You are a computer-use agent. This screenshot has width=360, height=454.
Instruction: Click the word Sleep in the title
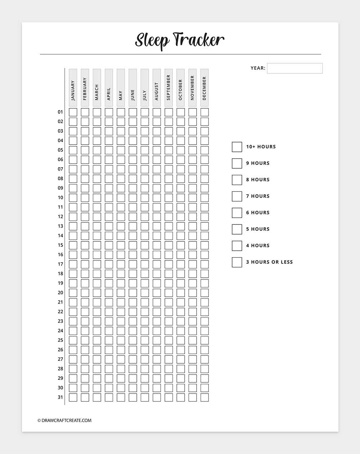151,40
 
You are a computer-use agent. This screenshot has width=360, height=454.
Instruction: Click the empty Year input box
294,68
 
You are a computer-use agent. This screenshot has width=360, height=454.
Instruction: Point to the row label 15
60,245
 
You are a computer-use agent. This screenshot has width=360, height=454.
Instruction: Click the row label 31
60,397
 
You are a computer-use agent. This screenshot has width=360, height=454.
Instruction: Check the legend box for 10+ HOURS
237,147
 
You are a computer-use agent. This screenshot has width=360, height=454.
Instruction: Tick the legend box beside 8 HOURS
237,180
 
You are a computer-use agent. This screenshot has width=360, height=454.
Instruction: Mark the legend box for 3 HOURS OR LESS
237,262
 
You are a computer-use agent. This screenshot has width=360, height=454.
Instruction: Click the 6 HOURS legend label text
258,213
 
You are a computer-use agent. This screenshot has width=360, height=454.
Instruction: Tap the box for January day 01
73,112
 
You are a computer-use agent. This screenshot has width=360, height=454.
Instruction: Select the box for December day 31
204,397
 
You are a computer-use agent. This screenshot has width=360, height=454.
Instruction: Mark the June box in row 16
133,255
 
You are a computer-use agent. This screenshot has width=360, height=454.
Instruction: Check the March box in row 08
97,178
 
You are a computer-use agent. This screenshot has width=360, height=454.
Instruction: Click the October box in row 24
181,331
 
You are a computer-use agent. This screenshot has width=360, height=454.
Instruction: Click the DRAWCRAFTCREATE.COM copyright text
64,420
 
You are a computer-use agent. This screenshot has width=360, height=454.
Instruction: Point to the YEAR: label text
258,68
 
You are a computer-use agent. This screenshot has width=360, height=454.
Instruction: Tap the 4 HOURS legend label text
258,246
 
